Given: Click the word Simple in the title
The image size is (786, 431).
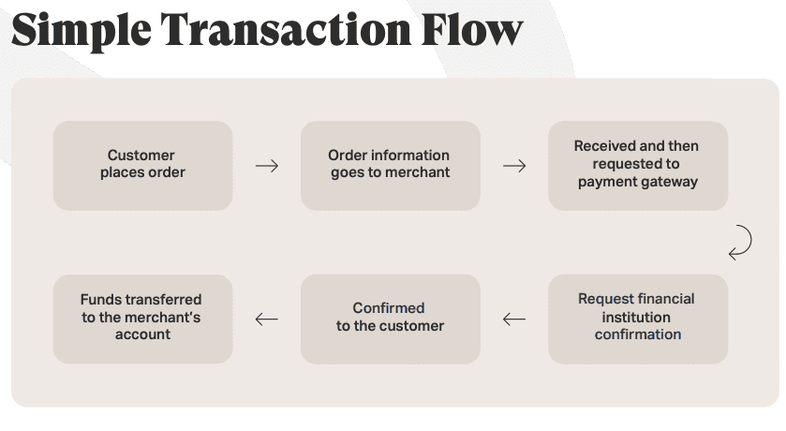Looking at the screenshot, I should (x=79, y=30).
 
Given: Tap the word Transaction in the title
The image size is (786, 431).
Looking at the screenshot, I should (x=280, y=30).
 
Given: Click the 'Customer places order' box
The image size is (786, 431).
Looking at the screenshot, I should (x=142, y=165).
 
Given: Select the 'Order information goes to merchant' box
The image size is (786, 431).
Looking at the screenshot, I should (x=390, y=165).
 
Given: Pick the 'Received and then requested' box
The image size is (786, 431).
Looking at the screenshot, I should (x=637, y=165).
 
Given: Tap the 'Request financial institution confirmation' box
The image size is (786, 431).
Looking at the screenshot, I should (x=637, y=318).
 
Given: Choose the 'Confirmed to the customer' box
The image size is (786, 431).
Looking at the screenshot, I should (x=390, y=318).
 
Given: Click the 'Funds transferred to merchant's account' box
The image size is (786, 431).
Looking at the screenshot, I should (x=142, y=318).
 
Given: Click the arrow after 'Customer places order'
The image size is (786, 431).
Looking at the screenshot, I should (x=267, y=166).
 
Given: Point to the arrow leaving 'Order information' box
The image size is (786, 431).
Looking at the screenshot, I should (x=514, y=166).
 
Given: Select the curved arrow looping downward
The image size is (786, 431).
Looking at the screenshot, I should (x=740, y=242).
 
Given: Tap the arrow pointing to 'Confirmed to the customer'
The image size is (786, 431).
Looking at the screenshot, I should (x=514, y=319).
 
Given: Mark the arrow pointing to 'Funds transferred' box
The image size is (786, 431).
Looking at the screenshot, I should (x=267, y=319).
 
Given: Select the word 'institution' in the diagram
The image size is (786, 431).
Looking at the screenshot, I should (x=636, y=317).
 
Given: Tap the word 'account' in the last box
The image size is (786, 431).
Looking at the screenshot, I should (x=142, y=334).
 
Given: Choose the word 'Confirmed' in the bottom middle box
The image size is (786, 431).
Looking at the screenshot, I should (x=389, y=308).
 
